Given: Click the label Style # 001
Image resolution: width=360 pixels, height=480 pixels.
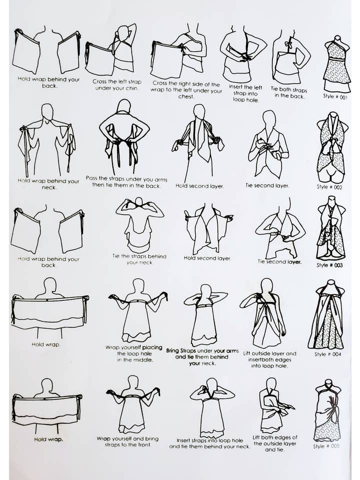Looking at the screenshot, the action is pos(335,96).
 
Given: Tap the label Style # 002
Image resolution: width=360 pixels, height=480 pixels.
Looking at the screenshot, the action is pos(329,186).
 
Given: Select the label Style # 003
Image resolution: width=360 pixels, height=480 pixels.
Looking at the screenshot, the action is pos(329,265).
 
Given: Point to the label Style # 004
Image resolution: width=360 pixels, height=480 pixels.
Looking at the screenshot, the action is pos(327,354).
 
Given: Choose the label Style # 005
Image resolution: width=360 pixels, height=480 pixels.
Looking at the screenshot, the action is pos(326,445).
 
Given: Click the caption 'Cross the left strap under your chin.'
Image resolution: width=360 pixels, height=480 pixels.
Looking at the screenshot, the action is pos(117,85).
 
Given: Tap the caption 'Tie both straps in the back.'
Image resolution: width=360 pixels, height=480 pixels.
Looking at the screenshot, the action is pos(288,92).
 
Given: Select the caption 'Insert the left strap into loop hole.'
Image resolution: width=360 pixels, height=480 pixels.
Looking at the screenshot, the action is pos(245,93).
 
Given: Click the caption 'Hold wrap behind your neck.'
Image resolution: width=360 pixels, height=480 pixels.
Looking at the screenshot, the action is pos(48,183).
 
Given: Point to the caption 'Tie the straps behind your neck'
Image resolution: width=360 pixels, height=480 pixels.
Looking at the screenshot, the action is pos(139,259).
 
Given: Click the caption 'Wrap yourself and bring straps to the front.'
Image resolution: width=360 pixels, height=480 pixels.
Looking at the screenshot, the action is pos(127,441).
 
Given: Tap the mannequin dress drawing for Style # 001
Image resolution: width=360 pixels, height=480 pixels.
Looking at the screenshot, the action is pos(336,63).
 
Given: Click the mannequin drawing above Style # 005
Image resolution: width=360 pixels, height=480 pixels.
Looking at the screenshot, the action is pos(327,410).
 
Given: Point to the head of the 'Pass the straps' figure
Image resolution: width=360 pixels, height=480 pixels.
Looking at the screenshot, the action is pos(124,105).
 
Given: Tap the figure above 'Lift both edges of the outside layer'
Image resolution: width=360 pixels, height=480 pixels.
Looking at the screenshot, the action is pos(275,405).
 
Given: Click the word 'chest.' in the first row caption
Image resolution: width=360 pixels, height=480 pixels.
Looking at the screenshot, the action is pos(186,96).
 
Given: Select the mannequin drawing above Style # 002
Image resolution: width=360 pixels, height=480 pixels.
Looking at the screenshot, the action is pos(331,147).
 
